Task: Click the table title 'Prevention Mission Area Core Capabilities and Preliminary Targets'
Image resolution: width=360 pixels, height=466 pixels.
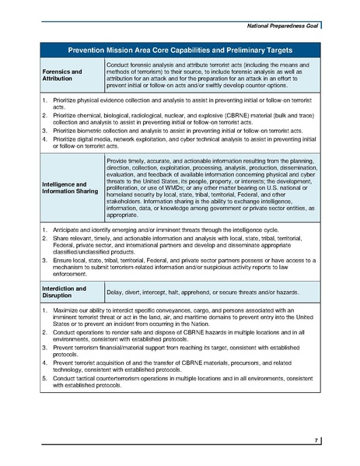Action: pos(180,48)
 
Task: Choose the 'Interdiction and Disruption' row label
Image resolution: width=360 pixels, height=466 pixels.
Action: pos(62,290)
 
